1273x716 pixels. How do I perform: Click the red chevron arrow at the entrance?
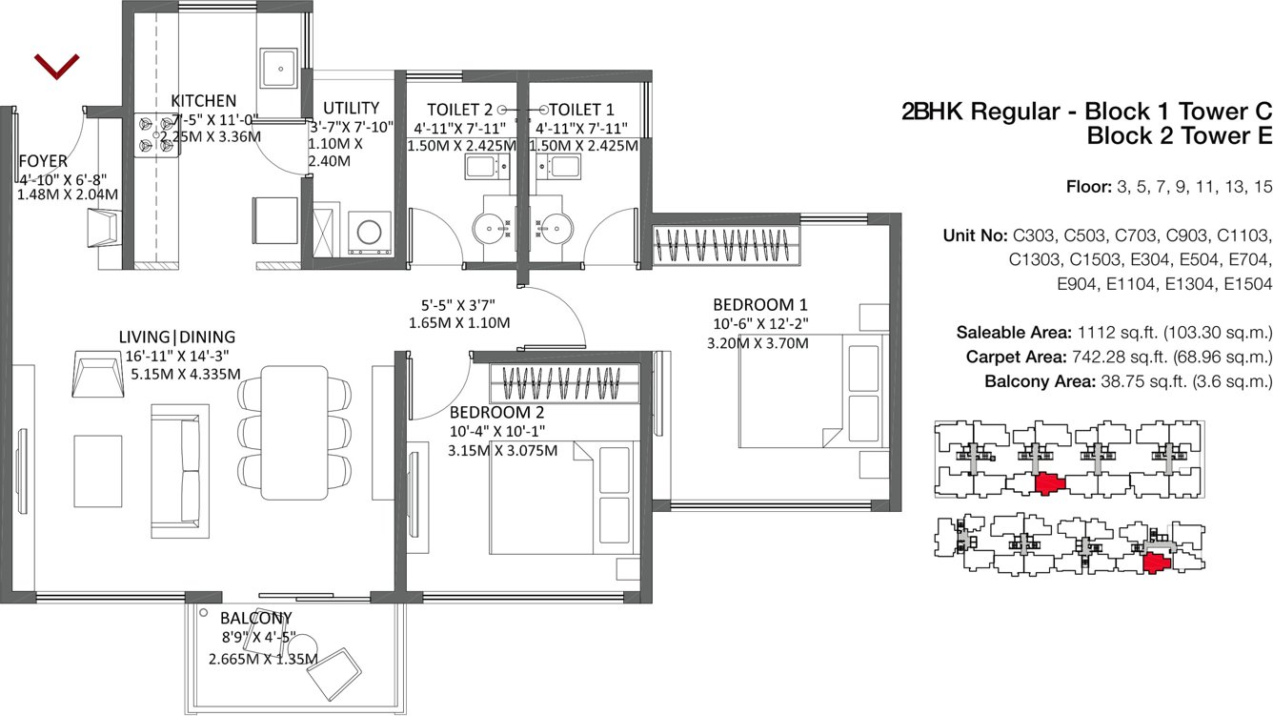tap(56, 66)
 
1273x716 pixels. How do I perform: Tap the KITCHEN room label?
tap(203, 101)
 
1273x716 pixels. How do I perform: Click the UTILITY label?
tap(351, 108)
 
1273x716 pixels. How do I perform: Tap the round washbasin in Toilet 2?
tap(492, 230)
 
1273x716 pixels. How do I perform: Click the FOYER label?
tap(43, 160)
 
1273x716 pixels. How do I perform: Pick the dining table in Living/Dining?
tap(294, 430)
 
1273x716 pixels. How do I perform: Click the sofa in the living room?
tap(180, 469)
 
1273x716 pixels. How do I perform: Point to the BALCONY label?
tap(255, 618)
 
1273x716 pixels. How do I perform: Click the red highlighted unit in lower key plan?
tap(1157, 562)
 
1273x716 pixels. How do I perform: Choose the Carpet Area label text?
tap(1022, 358)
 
